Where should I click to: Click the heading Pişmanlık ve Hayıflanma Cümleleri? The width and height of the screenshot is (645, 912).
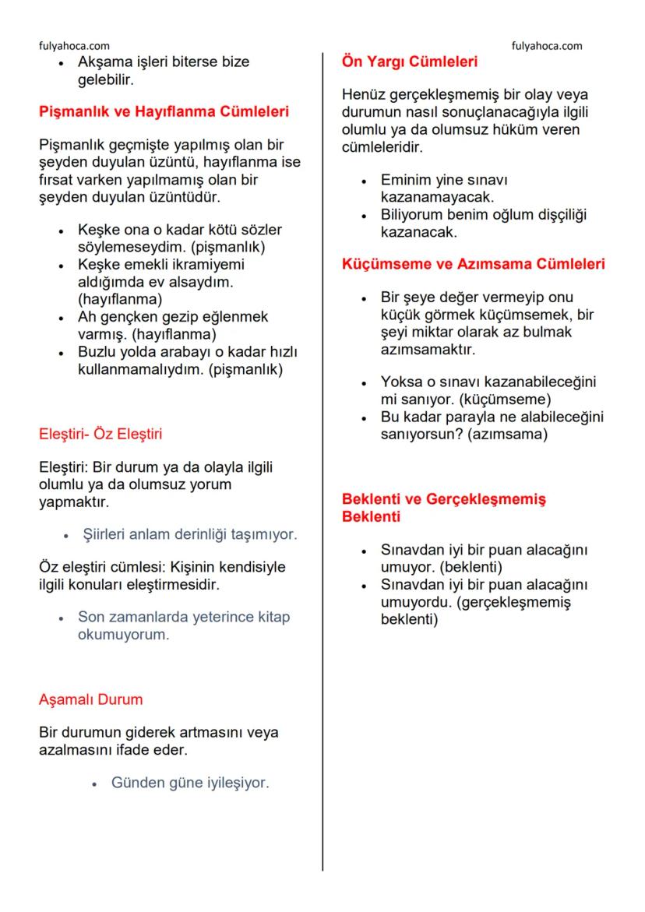(x=164, y=111)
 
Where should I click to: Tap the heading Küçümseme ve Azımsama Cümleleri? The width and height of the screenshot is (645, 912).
(x=474, y=264)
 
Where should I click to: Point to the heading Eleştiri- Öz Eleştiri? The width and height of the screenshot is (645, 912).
(x=100, y=434)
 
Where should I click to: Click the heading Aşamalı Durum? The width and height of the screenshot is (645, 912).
(x=91, y=699)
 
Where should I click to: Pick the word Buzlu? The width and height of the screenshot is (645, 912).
(x=97, y=352)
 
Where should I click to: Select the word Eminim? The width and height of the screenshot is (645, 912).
(x=406, y=179)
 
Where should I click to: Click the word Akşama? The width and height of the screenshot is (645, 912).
(x=104, y=62)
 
